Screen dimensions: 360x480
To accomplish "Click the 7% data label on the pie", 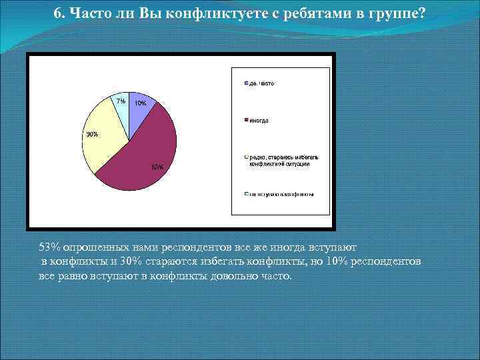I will (x=120, y=101).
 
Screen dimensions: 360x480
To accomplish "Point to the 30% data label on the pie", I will (x=91, y=134).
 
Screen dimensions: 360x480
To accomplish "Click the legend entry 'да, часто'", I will (x=262, y=83).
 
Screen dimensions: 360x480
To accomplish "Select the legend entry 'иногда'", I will (x=259, y=121).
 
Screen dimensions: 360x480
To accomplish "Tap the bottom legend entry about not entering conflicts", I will (x=281, y=195).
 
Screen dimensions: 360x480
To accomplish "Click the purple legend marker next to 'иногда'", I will (x=246, y=121).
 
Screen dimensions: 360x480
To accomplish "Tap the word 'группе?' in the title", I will (x=397, y=14).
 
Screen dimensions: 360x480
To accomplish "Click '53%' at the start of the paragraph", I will (x=49, y=247).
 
